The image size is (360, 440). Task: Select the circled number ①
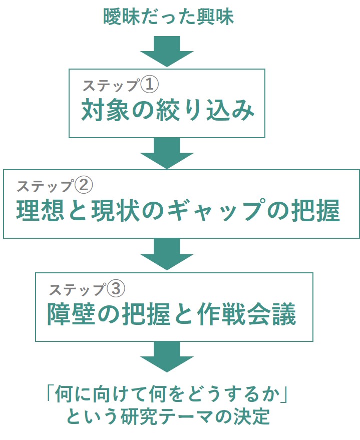pyautogui.click(x=149, y=84)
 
